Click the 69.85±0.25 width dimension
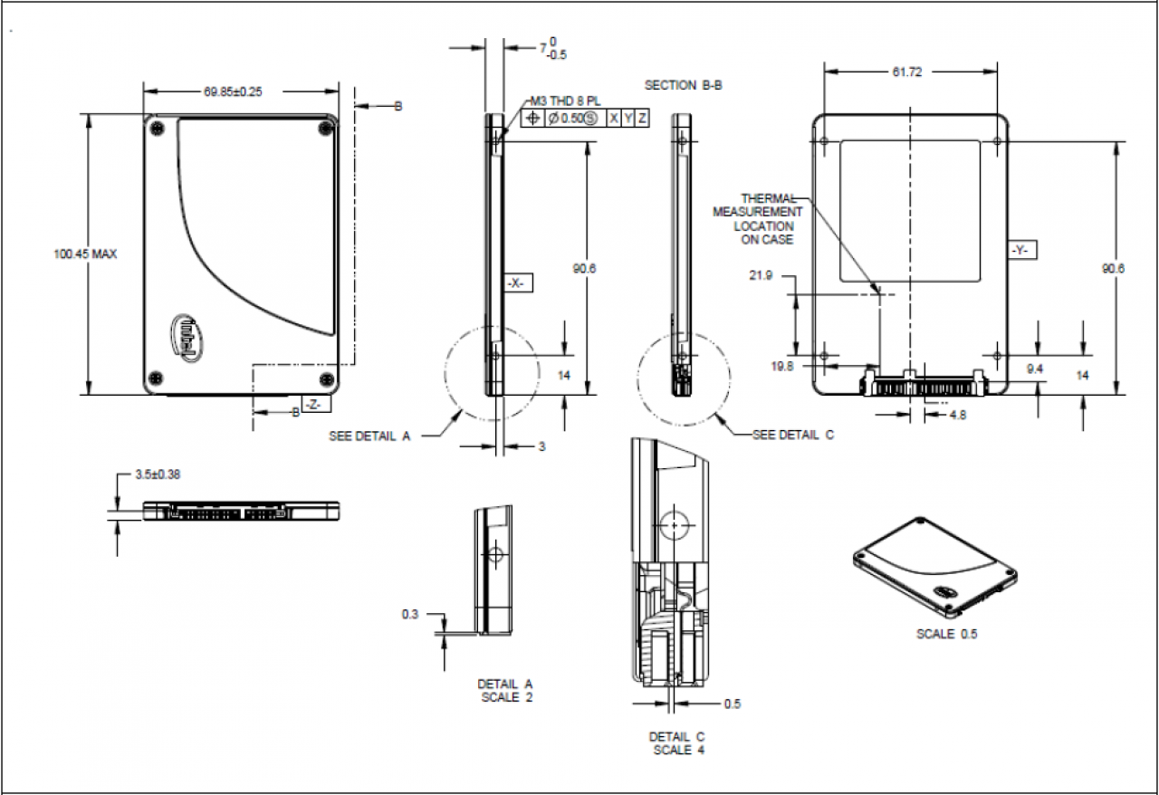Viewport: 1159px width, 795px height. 233,91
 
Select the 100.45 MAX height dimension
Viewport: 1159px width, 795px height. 85,254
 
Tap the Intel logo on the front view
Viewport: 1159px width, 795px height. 187,338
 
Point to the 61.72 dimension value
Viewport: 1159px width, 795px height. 907,72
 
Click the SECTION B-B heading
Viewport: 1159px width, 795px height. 683,85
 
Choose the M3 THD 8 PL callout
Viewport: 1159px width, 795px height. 566,101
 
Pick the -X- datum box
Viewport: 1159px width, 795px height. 516,283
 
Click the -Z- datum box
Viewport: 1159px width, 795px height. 316,404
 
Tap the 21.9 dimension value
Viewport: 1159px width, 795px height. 761,275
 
